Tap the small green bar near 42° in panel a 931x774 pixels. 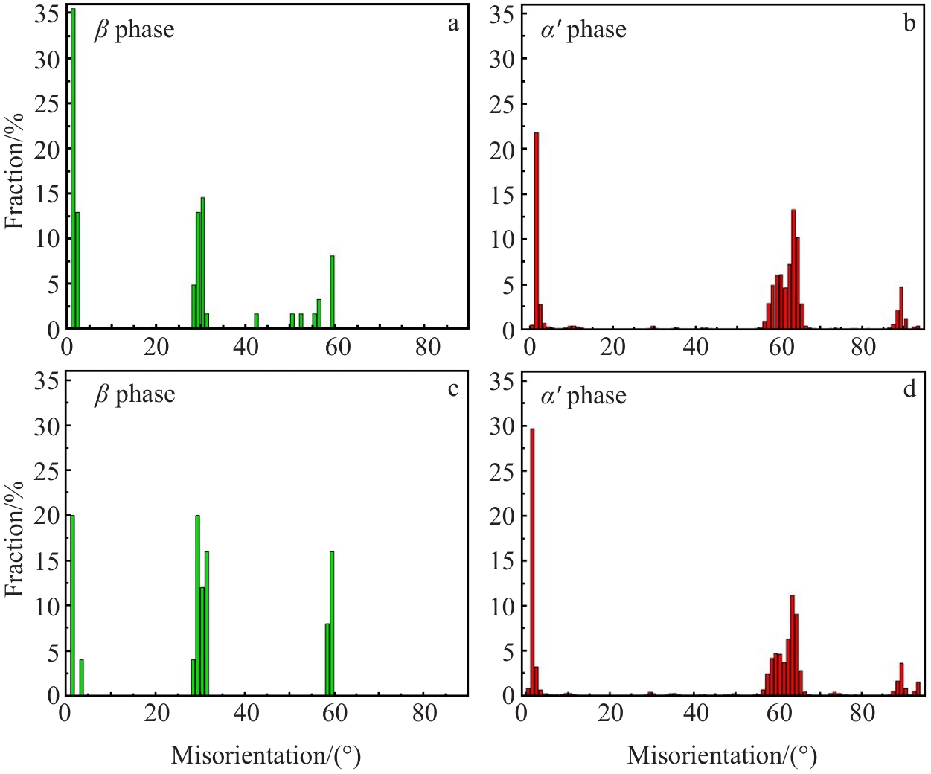coord(256,321)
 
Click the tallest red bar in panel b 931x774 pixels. coord(536,231)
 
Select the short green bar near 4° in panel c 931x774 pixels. coord(81,677)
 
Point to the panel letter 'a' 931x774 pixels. coord(453,24)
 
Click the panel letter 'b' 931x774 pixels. coord(909,24)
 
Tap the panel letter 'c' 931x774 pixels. coord(453,388)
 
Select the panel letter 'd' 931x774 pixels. coord(909,388)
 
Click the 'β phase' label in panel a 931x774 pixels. coord(134,30)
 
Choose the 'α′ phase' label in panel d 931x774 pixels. coord(583,396)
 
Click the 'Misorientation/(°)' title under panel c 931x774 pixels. coord(266,755)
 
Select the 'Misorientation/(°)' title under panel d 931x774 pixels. coord(722,755)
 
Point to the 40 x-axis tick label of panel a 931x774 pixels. coord(246,347)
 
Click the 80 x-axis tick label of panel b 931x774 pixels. coord(863,347)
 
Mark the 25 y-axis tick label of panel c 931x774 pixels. coord(47,470)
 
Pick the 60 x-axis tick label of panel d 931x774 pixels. coord(779,713)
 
